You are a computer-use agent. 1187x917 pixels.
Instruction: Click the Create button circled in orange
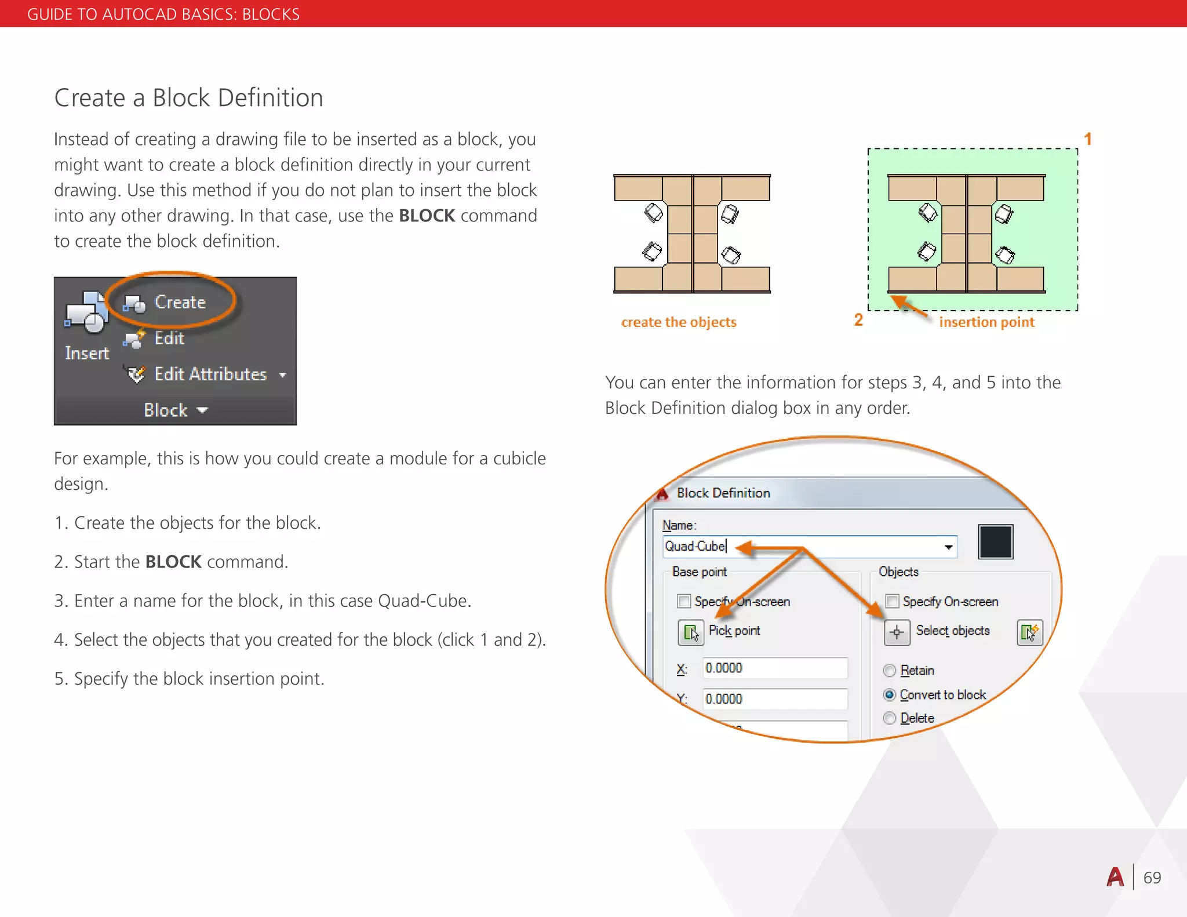pyautogui.click(x=168, y=302)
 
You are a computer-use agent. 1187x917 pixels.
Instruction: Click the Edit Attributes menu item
pyautogui.click(x=210, y=374)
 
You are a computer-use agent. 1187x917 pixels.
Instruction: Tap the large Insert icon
pyautogui.click(x=86, y=314)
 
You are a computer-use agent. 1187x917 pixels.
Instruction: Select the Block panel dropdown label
pyautogui.click(x=174, y=410)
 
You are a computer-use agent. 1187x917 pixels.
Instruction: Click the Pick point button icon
pyautogui.click(x=691, y=632)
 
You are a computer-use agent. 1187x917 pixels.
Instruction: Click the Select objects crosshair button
pyautogui.click(x=897, y=632)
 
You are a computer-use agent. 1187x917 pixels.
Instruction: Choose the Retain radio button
pyautogui.click(x=890, y=671)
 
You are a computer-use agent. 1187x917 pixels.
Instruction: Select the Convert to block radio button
pyautogui.click(x=890, y=694)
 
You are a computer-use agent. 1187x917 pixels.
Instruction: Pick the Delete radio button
pyautogui.click(x=890, y=718)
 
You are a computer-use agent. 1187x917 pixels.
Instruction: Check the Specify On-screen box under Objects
pyautogui.click(x=893, y=601)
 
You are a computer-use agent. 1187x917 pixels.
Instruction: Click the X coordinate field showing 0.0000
pyautogui.click(x=774, y=668)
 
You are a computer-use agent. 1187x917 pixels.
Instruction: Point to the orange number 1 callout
pyautogui.click(x=1088, y=139)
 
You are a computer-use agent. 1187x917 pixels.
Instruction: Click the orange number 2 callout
pyautogui.click(x=858, y=320)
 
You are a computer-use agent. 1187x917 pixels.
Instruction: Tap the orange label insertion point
pyautogui.click(x=986, y=322)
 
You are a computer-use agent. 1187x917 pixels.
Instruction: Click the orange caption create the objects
pyautogui.click(x=679, y=322)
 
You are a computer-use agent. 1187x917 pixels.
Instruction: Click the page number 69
pyautogui.click(x=1152, y=878)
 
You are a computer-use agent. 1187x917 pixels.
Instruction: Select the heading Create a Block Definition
pyautogui.click(x=188, y=98)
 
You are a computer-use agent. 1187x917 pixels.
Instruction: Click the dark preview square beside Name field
pyautogui.click(x=995, y=542)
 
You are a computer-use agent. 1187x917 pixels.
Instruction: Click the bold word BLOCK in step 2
pyautogui.click(x=173, y=562)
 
